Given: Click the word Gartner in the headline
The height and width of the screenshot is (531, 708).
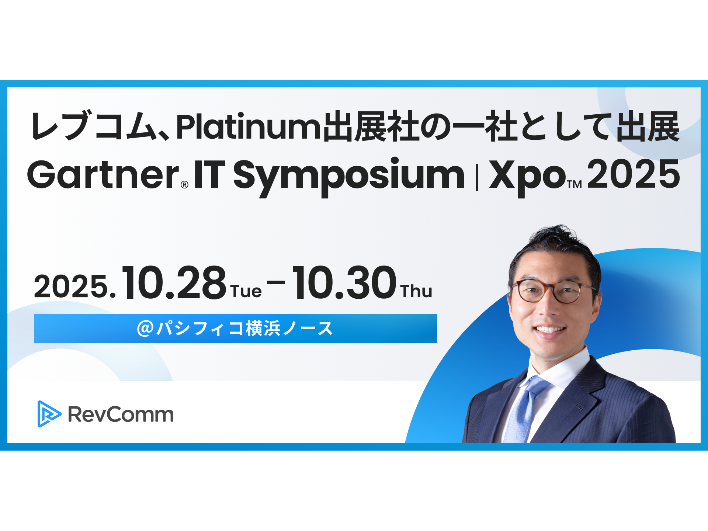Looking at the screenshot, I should (103, 175).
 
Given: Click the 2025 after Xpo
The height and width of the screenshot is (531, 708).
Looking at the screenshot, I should (633, 174).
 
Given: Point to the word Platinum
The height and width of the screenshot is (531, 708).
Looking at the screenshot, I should (249, 127).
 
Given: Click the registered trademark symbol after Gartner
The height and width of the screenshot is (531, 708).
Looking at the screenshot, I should (184, 185).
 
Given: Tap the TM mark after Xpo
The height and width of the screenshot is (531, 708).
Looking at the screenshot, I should (575, 184).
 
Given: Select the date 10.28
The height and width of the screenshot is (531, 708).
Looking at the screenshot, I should (174, 283).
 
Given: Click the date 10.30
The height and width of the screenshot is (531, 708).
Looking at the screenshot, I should (344, 283).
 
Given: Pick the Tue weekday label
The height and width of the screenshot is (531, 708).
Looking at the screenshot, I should (246, 291).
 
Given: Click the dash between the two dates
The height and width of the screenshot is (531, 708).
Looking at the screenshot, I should (276, 282).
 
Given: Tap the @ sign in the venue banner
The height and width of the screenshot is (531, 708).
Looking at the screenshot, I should (145, 328).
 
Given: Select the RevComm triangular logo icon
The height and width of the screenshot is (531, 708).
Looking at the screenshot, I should (48, 414).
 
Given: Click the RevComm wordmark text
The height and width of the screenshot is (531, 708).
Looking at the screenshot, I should (121, 414).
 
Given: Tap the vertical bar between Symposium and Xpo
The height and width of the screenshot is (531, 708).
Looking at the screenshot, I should (477, 177).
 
